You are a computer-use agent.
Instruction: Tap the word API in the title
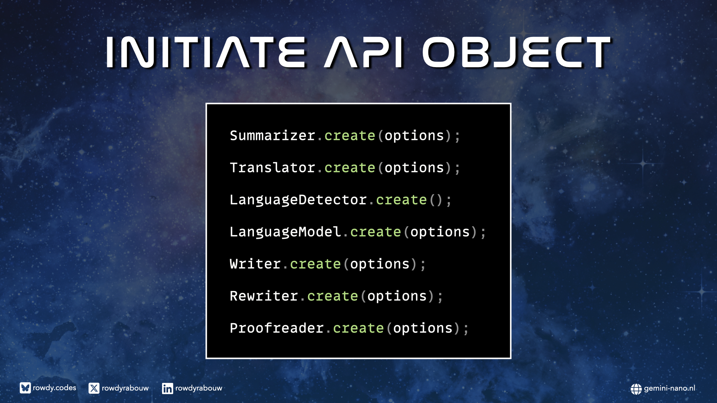click(364, 52)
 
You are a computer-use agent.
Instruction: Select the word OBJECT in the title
click(516, 52)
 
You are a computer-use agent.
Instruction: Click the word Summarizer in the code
click(273, 135)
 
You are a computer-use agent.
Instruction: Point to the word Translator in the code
click(273, 168)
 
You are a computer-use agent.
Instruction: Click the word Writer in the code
click(255, 264)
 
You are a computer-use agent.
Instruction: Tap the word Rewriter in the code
click(264, 296)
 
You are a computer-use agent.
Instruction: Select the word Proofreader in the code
click(277, 328)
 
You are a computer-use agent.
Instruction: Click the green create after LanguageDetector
click(401, 200)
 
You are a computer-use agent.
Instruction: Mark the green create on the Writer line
click(316, 264)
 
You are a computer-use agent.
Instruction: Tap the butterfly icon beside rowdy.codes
click(25, 388)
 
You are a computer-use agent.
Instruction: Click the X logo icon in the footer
click(94, 388)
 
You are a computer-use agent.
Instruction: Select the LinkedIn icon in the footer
click(168, 388)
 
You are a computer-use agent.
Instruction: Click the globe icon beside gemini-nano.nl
click(636, 389)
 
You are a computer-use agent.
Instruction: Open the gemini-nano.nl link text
click(670, 388)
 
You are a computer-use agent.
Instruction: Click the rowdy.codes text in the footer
click(55, 388)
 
